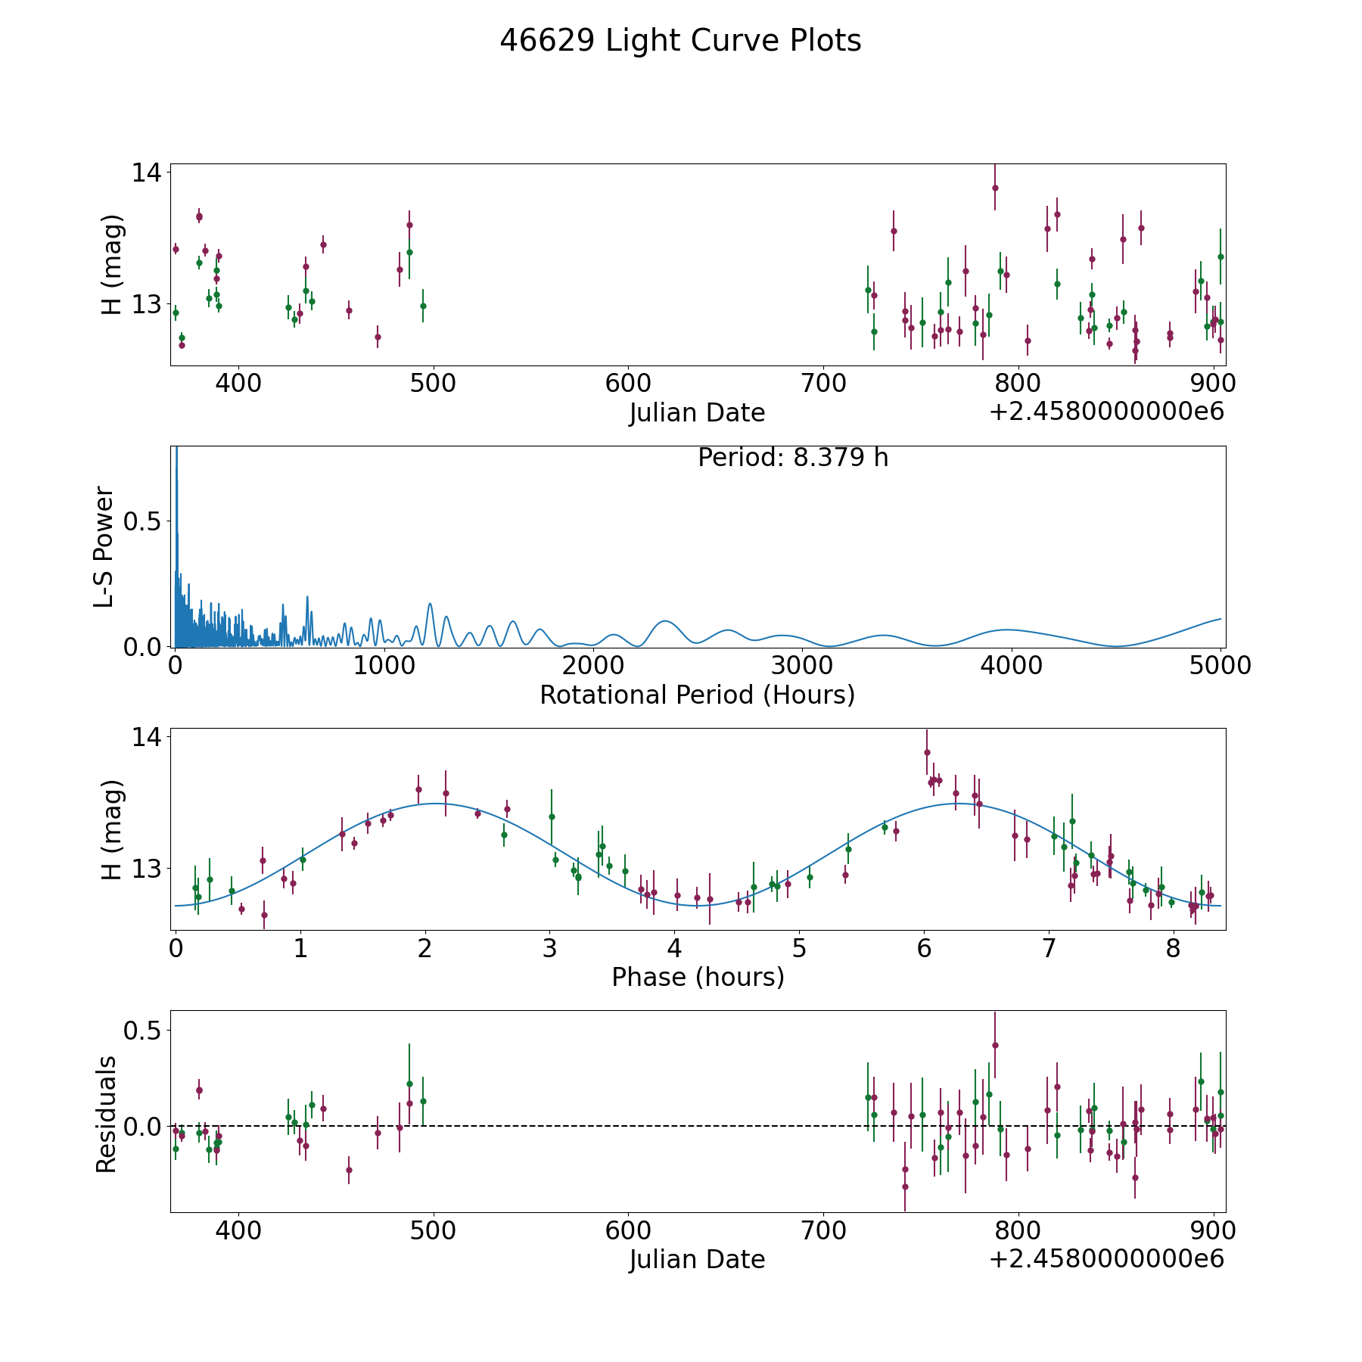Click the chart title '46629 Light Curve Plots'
pos(680,41)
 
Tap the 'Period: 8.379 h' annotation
pos(792,458)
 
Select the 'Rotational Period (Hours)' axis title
pos(697,695)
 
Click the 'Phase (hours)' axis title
pos(697,977)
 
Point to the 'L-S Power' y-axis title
pos(104,546)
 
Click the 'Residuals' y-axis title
pos(106,1114)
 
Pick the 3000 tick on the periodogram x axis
pos(802,665)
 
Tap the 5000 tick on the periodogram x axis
pos(1220,665)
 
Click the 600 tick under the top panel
pos(628,383)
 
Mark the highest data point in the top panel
pos(995,188)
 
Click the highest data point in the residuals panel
pos(995,1046)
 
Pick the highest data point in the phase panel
pos(927,752)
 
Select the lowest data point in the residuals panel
pos(905,1186)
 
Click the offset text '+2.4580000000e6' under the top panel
pos(1106,412)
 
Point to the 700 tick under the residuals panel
pos(823,1230)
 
